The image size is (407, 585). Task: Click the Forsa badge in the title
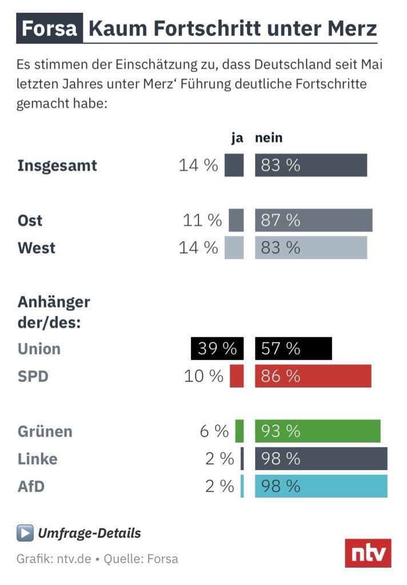(x=49, y=29)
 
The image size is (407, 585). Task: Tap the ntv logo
(x=368, y=553)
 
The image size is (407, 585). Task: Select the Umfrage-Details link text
(x=89, y=534)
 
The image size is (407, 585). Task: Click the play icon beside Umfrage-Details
(x=25, y=534)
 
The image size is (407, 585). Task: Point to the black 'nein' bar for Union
(x=293, y=348)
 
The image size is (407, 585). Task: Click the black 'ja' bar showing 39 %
(x=217, y=348)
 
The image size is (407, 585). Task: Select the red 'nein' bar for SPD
(x=313, y=376)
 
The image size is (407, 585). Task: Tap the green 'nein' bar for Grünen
(x=317, y=431)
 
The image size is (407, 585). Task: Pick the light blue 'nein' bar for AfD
(x=321, y=486)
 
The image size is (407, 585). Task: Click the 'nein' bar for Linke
(x=321, y=459)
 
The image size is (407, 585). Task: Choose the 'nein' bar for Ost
(x=314, y=221)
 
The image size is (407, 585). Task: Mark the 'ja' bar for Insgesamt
(x=234, y=166)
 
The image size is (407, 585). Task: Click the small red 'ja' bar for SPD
(x=237, y=376)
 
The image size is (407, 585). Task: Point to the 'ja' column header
(x=237, y=138)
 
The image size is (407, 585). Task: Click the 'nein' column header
(x=269, y=138)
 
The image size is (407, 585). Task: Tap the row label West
(x=37, y=248)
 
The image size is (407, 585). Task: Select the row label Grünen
(x=45, y=431)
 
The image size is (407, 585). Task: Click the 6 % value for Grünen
(x=214, y=431)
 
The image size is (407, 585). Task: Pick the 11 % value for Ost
(x=202, y=221)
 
